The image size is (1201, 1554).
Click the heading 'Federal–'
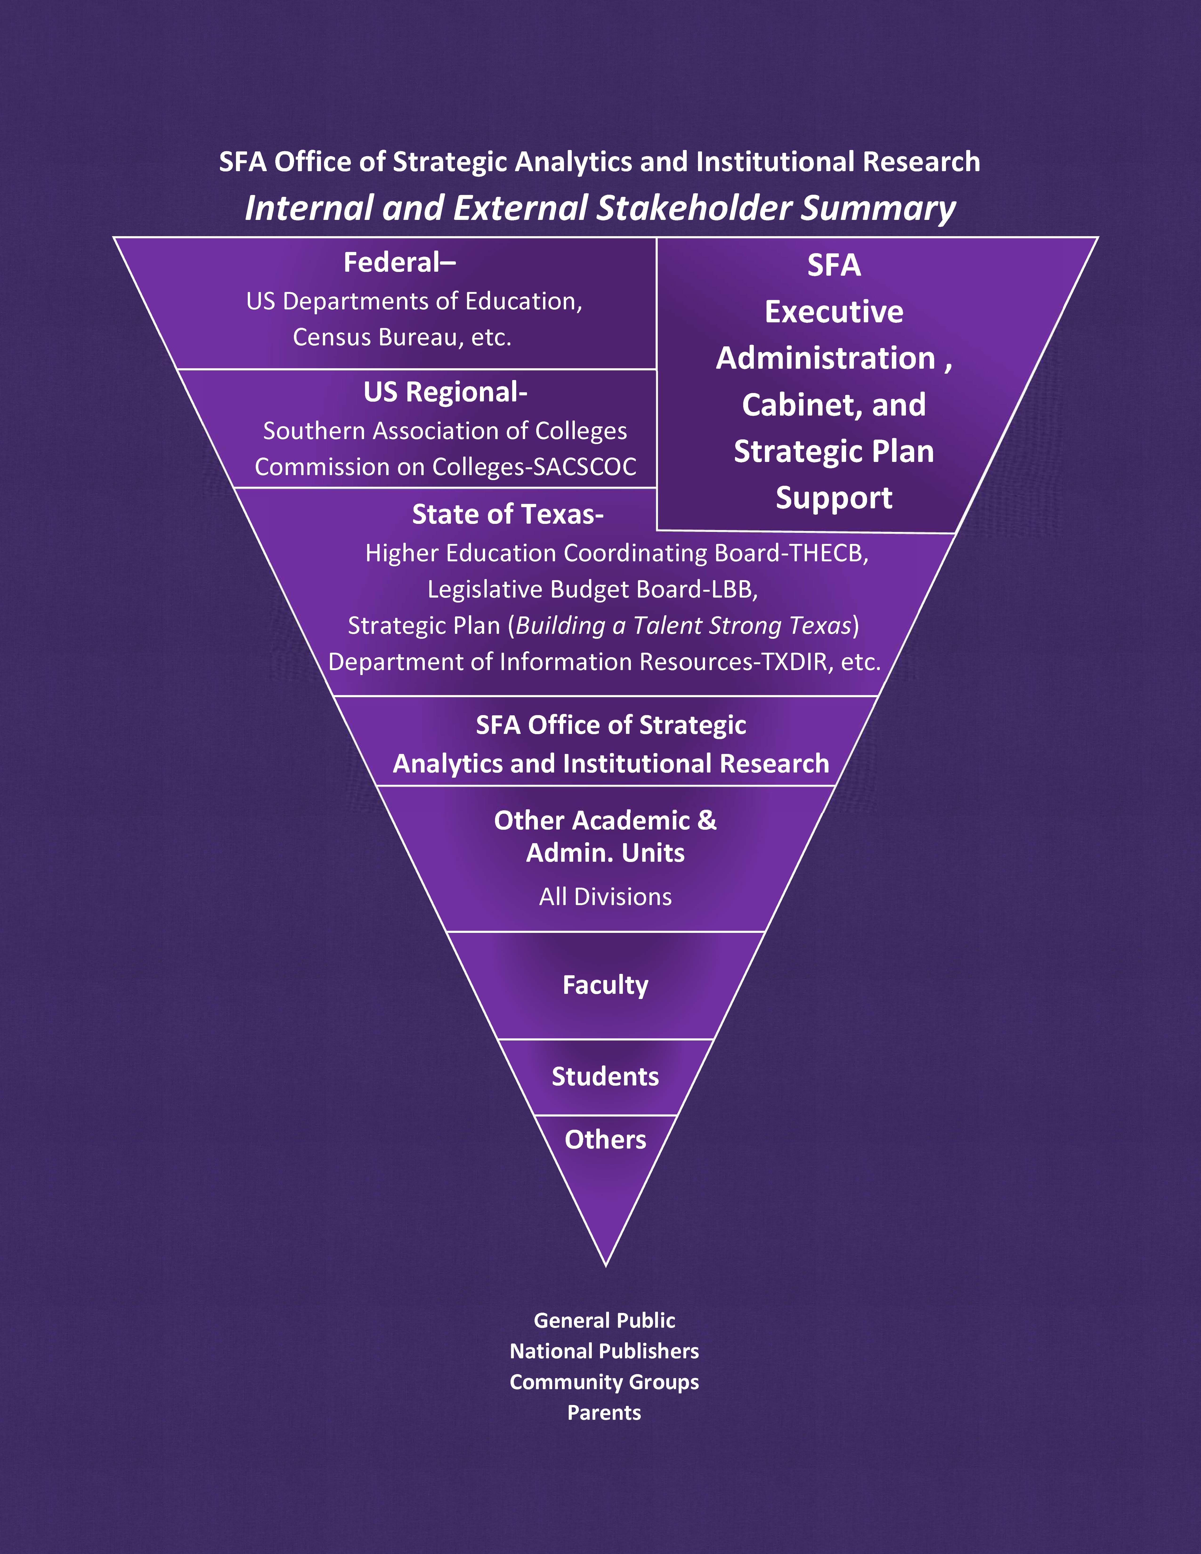[399, 263]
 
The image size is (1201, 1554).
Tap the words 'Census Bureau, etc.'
[402, 337]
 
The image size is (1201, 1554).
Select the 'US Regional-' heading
[445, 392]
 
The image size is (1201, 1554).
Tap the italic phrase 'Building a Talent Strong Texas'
[683, 625]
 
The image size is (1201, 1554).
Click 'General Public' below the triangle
[604, 1321]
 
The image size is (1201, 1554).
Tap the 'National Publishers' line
[604, 1351]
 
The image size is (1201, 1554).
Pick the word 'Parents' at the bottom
[604, 1412]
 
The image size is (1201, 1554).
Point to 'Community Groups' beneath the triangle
[604, 1382]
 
